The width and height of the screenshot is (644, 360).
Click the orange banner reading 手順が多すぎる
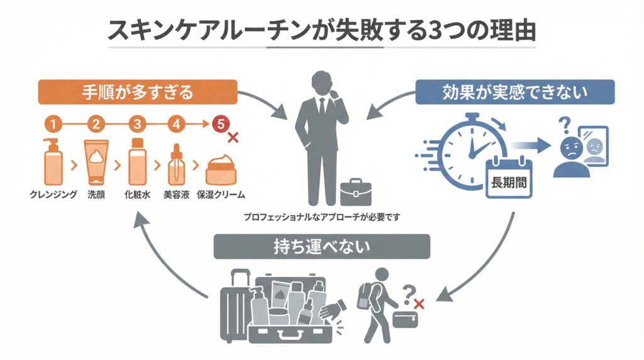coord(138,92)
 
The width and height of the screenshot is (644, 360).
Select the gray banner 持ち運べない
coord(321,247)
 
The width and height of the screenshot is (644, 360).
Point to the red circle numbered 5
coord(220,124)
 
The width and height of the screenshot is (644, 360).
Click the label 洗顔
coord(97,194)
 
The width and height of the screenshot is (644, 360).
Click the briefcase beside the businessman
coord(355,192)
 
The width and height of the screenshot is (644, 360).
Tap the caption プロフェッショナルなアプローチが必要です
coord(323,217)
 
